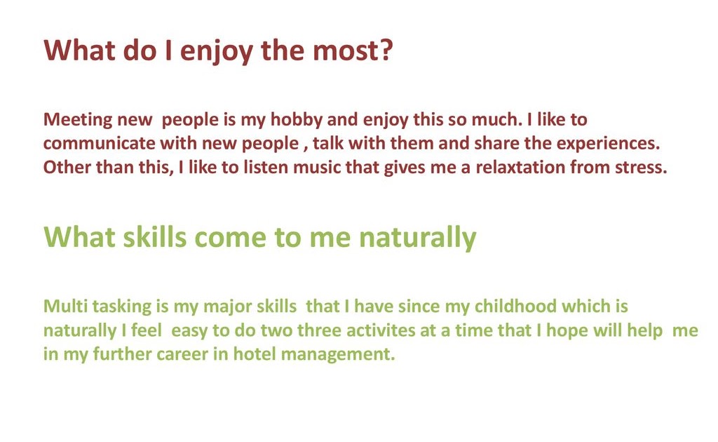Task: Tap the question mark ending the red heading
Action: [386, 50]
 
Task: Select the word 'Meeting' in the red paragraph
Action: [78, 121]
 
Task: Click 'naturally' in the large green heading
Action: [418, 239]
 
